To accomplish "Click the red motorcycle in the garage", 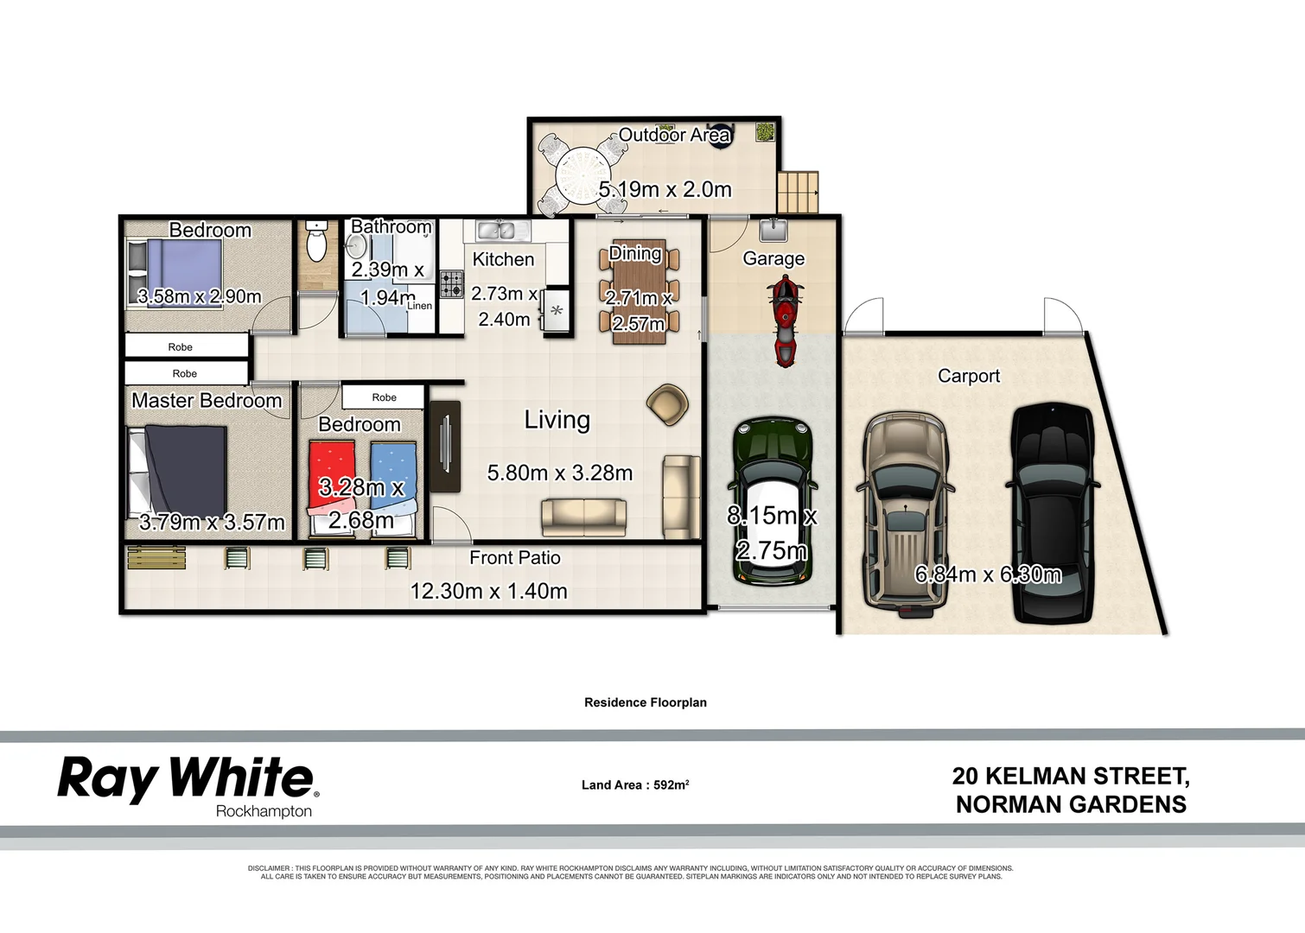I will pyautogui.click(x=784, y=320).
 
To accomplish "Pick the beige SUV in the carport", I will pyautogui.click(x=906, y=513).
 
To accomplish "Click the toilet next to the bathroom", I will pyautogui.click(x=317, y=242).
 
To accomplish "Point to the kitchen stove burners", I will pyautogui.click(x=452, y=284).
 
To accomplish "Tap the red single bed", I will pyautogui.click(x=331, y=488).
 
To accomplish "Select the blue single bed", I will pyautogui.click(x=393, y=488).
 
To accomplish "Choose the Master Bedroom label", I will pyautogui.click(x=207, y=401).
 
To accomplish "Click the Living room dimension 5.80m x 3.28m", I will pyautogui.click(x=560, y=473).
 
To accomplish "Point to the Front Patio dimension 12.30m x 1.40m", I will pyautogui.click(x=488, y=592).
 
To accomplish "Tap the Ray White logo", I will pyautogui.click(x=188, y=779).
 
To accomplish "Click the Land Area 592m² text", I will pyautogui.click(x=635, y=785).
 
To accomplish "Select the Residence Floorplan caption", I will pyautogui.click(x=646, y=702).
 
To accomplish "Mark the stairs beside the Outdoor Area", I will pyautogui.click(x=798, y=192).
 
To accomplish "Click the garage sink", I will pyautogui.click(x=772, y=230).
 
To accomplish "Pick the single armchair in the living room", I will pyautogui.click(x=667, y=403).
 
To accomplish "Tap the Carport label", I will pyautogui.click(x=969, y=377).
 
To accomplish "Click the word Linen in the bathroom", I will pyautogui.click(x=419, y=306).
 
